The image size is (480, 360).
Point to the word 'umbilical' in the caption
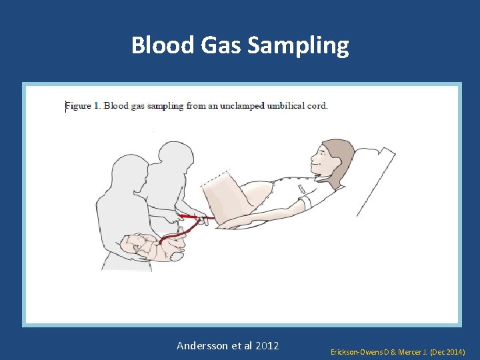coord(285,105)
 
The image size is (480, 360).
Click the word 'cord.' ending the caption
coord(317,105)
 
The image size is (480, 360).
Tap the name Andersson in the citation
coord(202,345)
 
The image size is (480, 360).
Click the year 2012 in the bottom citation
coord(266,345)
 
